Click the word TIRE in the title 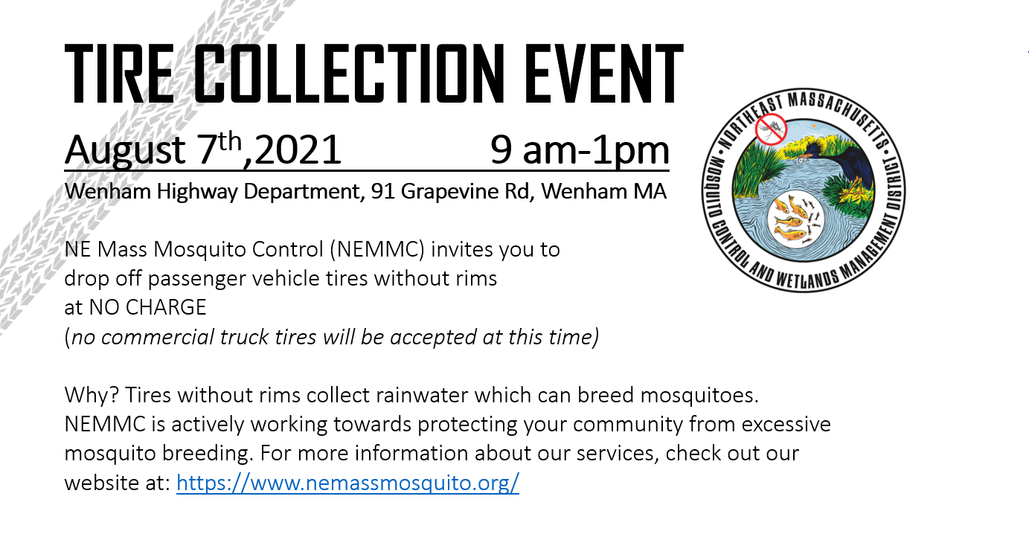coord(119,74)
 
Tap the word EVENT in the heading coord(604,74)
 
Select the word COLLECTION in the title coord(349,74)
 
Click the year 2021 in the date coord(298,149)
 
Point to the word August coord(125,150)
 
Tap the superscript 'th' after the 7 coord(230,141)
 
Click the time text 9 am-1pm coord(580,150)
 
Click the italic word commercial coord(158,337)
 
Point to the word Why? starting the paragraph coord(92,396)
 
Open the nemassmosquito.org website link coord(347,483)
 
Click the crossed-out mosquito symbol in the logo coord(772,129)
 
